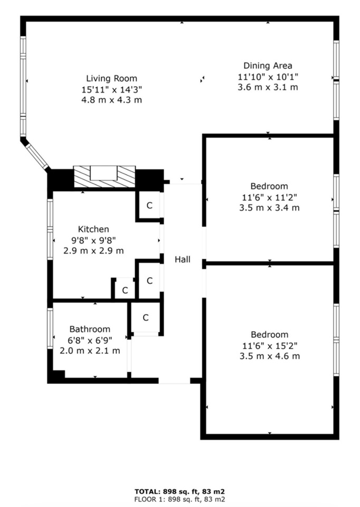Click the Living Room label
(x=111, y=79)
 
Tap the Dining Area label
(x=268, y=65)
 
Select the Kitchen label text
(x=93, y=229)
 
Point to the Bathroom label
(x=90, y=329)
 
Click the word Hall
(x=183, y=259)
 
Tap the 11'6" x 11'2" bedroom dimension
(x=269, y=197)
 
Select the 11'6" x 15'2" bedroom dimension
(x=270, y=345)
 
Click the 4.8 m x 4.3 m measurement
(x=111, y=100)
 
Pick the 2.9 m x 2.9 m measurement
(x=93, y=250)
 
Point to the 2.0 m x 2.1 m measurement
(x=90, y=351)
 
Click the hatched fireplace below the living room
(x=105, y=176)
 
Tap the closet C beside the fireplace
(x=149, y=205)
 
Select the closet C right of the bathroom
(x=145, y=318)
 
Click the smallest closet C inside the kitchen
(x=125, y=290)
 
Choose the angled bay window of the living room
(x=37, y=156)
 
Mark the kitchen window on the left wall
(x=50, y=229)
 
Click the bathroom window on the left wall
(x=50, y=328)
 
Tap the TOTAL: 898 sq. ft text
(x=179, y=492)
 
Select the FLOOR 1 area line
(x=179, y=499)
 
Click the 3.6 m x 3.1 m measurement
(x=268, y=87)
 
